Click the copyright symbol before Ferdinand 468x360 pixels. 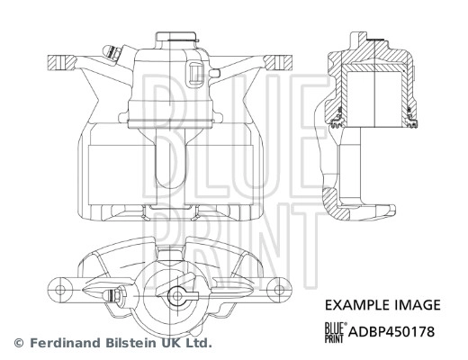click(19, 344)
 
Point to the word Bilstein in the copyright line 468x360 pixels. click(126, 344)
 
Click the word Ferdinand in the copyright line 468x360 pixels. click(62, 344)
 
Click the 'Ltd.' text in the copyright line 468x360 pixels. click(197, 344)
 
